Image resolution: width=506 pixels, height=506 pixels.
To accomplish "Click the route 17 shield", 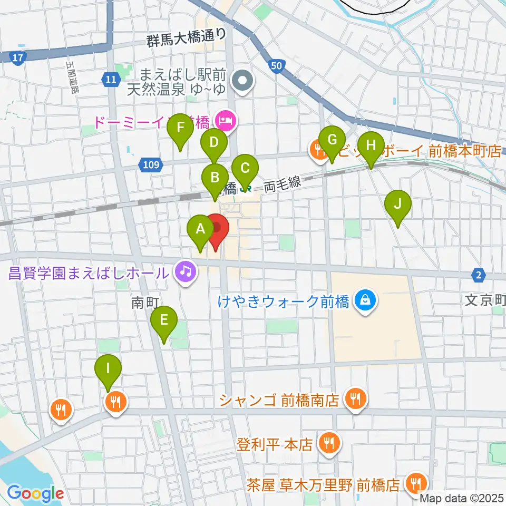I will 17,57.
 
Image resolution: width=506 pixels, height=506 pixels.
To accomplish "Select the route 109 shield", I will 151,166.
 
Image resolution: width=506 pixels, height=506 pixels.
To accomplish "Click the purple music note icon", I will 186,272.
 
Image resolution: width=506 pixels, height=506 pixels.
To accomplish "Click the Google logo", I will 35,493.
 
